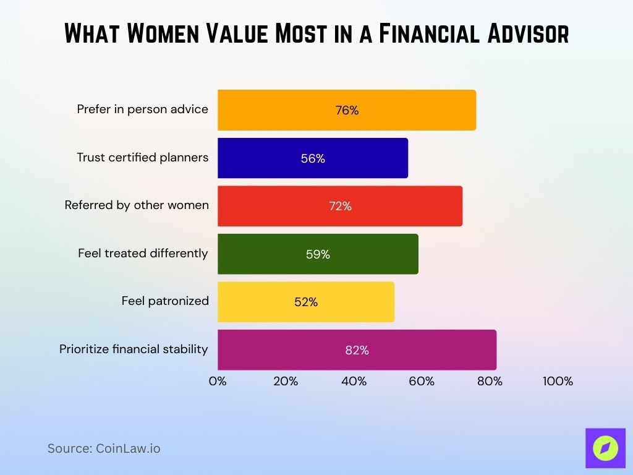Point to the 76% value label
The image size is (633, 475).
pos(347,111)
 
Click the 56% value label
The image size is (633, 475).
pos(313,158)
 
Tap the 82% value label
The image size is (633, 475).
pos(357,350)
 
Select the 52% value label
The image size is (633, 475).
pos(306,302)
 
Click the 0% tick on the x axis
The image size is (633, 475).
pos(218,382)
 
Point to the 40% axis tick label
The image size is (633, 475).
pos(354,382)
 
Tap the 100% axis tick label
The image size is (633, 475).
pos(558,382)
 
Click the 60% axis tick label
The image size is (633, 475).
pos(422,382)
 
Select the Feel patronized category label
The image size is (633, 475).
pos(165,301)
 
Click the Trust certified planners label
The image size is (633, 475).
pos(142,158)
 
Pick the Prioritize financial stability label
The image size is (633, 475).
pos(134,349)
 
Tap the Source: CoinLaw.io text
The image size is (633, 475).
pos(104,448)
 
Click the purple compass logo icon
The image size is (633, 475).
pos(605,447)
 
